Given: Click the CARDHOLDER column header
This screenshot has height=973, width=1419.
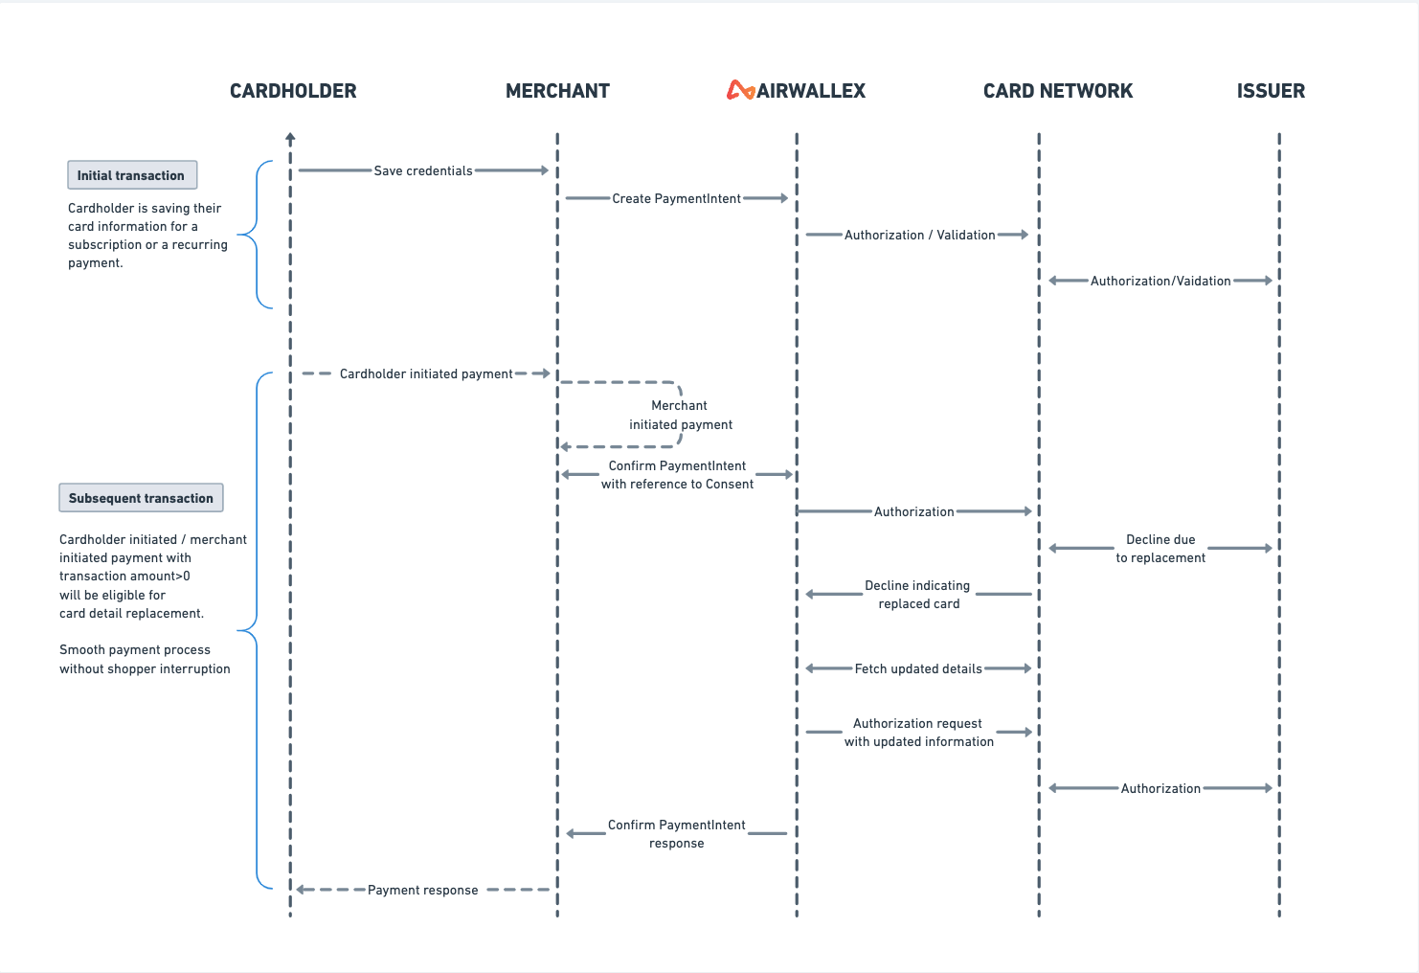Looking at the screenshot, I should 293,91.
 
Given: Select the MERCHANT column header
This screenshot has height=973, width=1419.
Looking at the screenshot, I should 557,91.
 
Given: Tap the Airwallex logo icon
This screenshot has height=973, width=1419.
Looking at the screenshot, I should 740,90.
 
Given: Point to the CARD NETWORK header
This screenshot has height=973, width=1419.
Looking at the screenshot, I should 1057,91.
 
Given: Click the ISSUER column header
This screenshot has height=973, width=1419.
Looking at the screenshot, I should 1271,91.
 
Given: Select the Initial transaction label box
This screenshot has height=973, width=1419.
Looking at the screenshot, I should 132,175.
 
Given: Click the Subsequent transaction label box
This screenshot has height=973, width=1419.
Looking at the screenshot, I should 141,498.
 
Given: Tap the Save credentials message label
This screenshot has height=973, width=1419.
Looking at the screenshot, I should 423,170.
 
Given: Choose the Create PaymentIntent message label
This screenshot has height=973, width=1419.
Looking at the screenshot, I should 676,198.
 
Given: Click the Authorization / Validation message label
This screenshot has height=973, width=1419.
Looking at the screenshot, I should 919,235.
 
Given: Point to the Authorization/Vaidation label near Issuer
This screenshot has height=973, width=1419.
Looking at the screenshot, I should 1160,281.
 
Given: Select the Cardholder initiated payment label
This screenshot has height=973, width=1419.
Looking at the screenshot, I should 426,373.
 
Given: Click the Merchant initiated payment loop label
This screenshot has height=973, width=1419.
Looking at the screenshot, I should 680,415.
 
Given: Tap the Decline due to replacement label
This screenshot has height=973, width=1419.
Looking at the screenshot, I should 1160,549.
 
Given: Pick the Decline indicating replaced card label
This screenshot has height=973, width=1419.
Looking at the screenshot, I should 918,595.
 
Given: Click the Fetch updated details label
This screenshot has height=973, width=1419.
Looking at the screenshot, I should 918,668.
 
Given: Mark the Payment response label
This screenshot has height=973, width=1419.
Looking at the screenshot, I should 422,890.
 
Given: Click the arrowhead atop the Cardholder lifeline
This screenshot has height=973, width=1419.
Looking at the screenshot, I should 290,138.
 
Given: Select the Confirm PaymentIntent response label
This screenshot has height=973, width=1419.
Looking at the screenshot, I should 676,833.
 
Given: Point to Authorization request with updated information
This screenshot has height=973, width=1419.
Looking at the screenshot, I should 918,733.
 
